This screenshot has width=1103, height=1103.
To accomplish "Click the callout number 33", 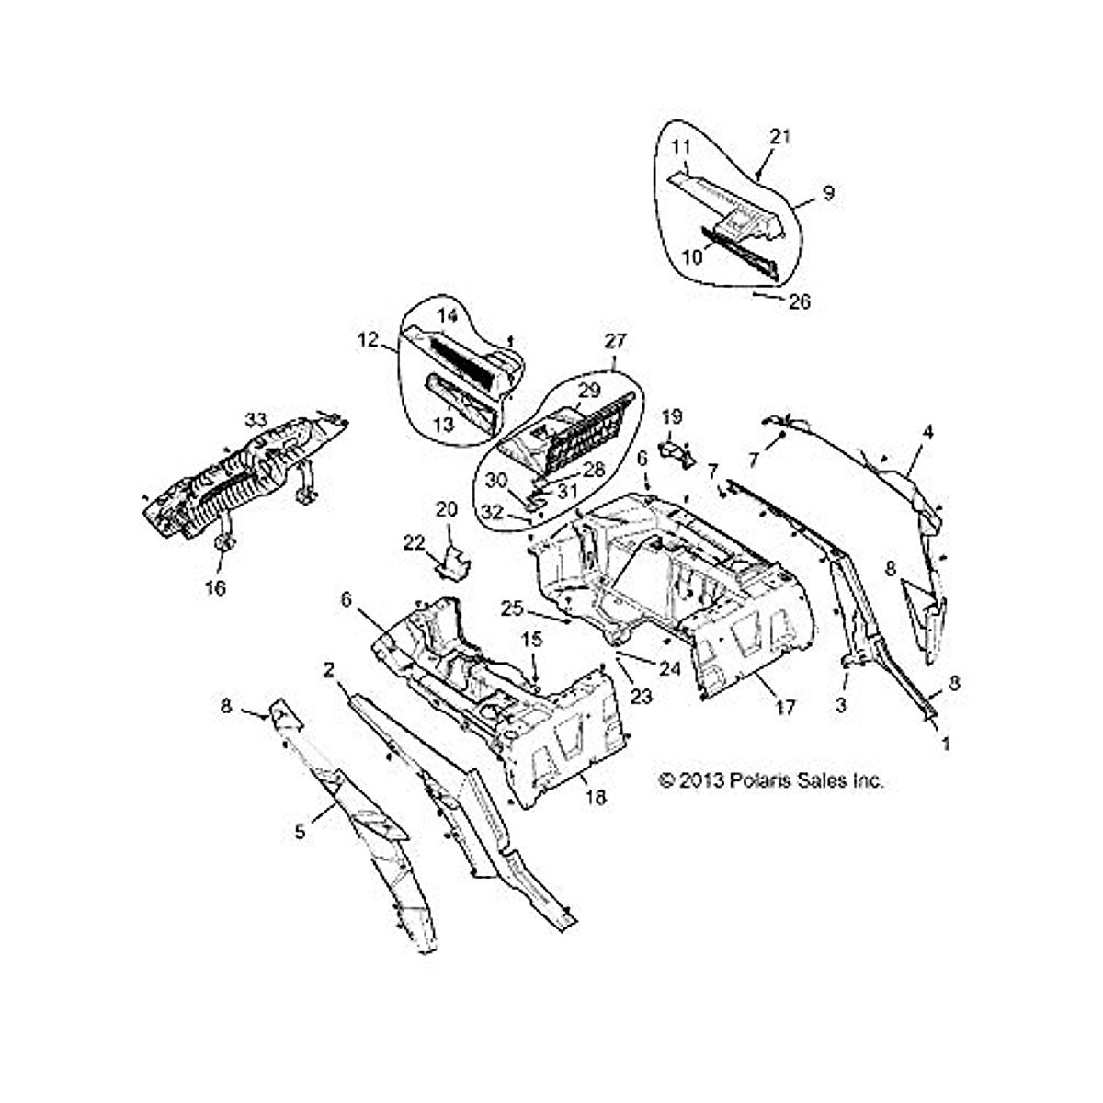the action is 256,419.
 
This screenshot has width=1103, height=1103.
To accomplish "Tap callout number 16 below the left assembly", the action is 216,587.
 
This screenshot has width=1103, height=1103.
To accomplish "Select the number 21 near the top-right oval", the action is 779,137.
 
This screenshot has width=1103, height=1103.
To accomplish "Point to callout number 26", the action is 800,301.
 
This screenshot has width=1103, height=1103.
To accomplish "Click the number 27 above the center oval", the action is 615,341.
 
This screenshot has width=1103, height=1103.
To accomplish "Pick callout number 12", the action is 368,340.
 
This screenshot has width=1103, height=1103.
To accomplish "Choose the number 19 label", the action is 672,416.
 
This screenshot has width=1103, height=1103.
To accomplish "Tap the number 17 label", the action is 785,708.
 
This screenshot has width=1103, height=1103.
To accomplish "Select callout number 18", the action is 596,797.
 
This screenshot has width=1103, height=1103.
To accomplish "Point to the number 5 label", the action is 300,831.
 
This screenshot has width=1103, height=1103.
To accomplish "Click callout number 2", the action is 328,670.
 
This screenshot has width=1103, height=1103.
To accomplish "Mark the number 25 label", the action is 512,608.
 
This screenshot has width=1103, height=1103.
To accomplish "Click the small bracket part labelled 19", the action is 677,452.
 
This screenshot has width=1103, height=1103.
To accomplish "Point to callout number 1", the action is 946,745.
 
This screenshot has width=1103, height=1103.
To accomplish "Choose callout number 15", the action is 532,639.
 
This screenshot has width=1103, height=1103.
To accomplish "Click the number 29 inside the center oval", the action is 589,391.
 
